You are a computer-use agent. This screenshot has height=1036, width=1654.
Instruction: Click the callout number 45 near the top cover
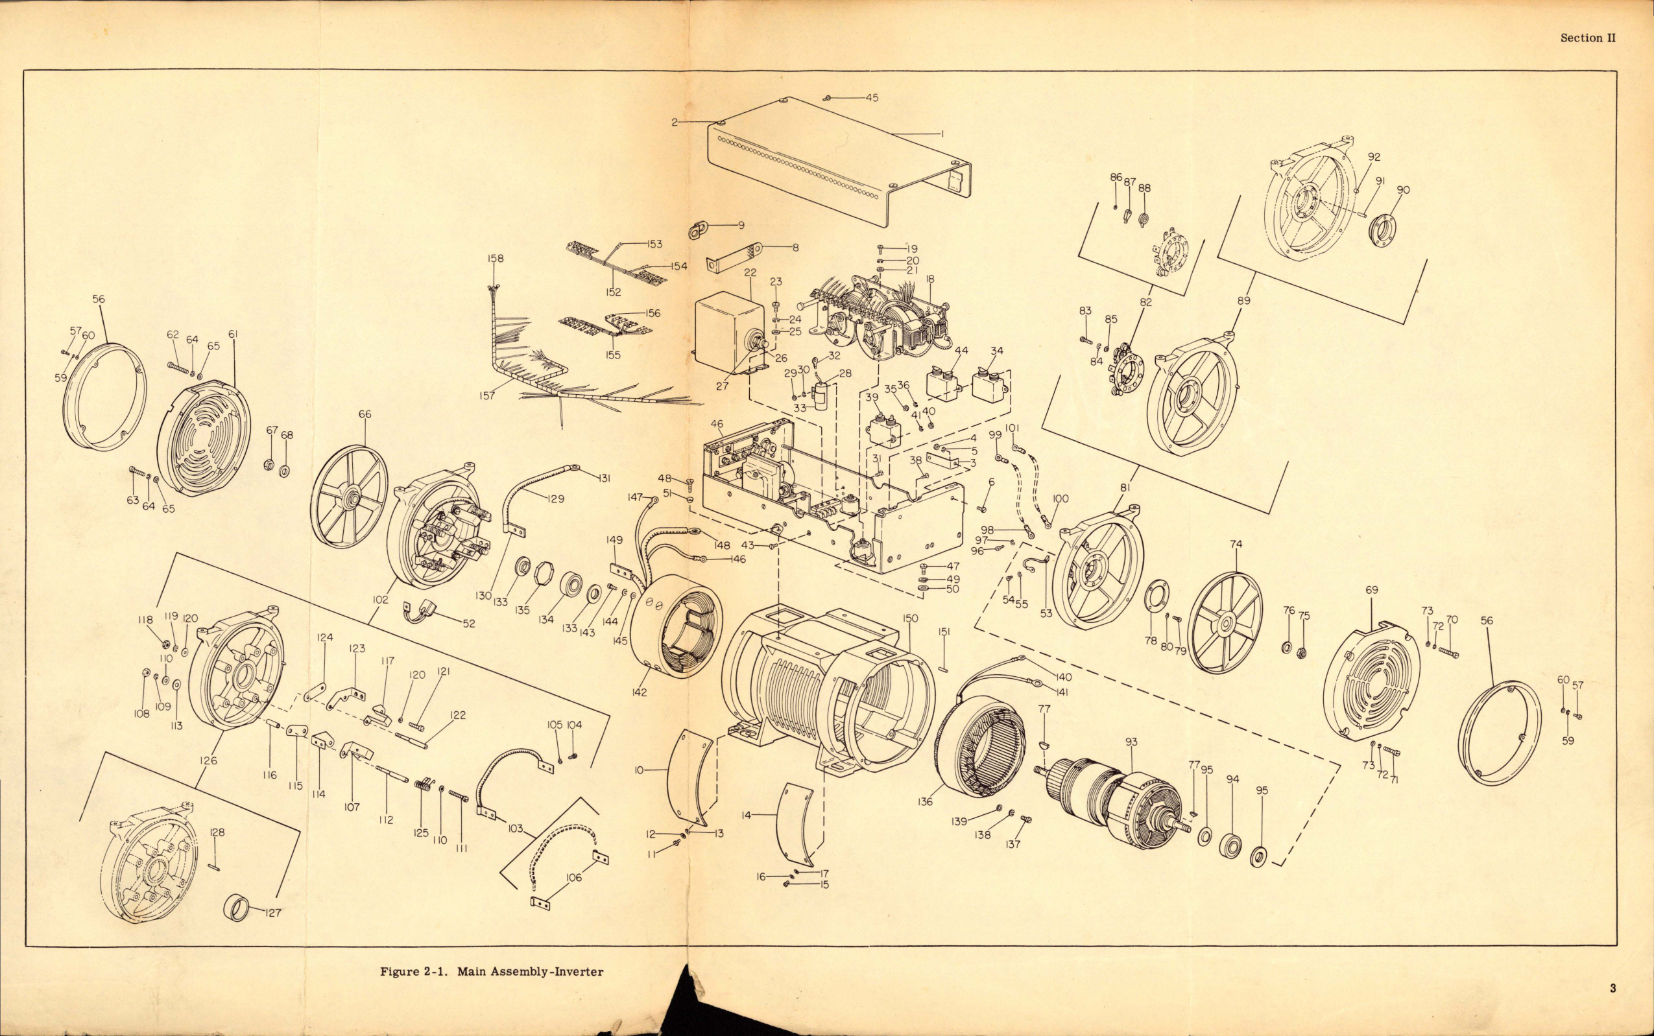(871, 97)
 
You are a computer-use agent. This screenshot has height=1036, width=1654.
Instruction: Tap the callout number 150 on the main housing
(909, 618)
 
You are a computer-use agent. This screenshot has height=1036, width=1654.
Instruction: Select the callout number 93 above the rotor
(1131, 742)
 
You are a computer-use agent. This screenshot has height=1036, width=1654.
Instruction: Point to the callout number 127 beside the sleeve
(273, 913)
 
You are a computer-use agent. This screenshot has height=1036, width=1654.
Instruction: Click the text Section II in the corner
(1587, 38)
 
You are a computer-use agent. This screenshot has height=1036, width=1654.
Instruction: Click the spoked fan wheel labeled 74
(1224, 622)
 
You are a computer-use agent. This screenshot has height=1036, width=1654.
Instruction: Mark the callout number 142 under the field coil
(639, 693)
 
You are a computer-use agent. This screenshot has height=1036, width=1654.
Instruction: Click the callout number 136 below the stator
(926, 801)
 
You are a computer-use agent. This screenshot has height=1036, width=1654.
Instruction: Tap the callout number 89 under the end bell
(1243, 300)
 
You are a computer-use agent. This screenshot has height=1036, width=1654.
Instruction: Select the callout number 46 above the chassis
(717, 425)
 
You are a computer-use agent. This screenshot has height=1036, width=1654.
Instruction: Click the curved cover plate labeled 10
(689, 781)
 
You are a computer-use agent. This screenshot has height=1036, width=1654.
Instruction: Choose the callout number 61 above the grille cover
(233, 334)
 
